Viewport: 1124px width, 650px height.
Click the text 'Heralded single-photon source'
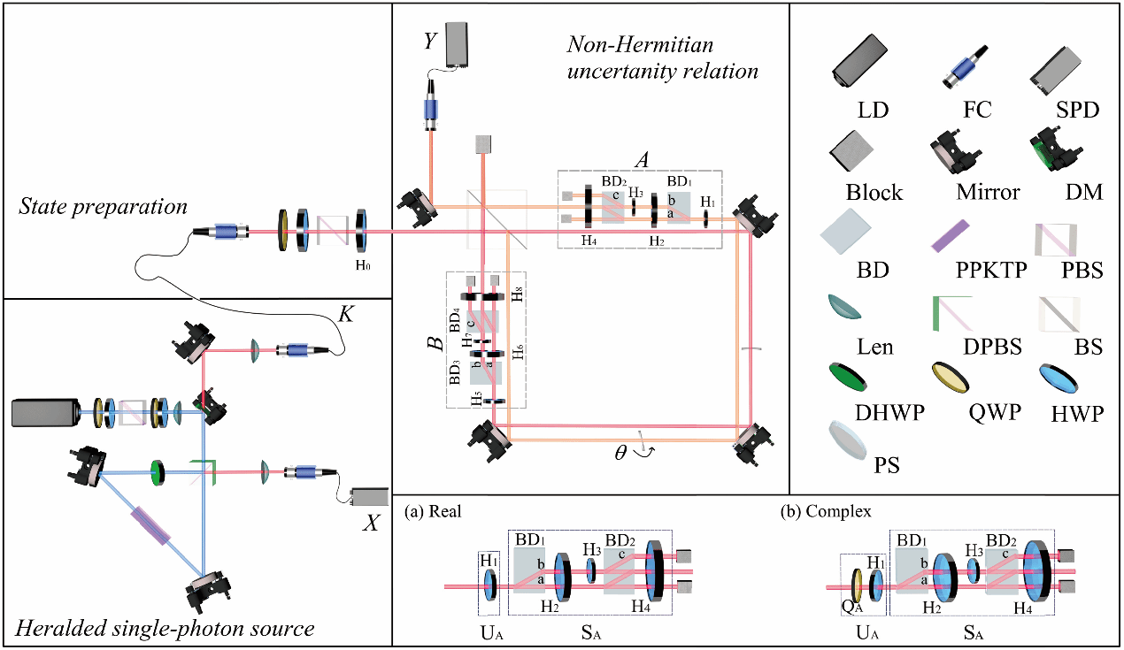165,630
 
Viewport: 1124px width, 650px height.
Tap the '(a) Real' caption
432,512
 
